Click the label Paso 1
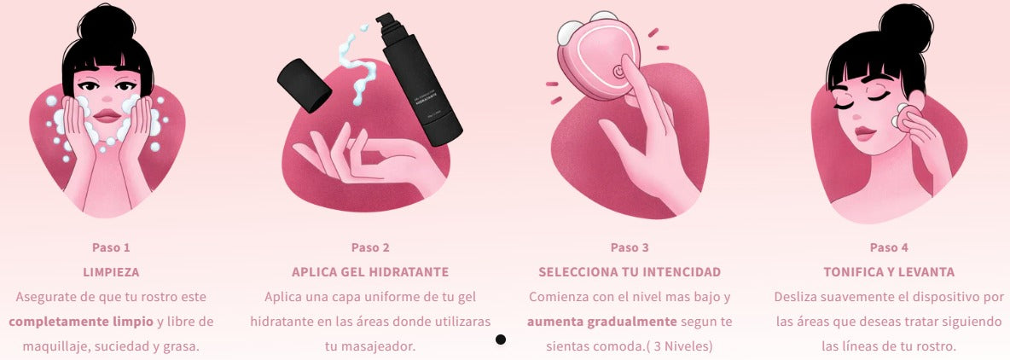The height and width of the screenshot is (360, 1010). pyautogui.click(x=111, y=247)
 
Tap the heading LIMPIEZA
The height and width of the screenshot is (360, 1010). pyautogui.click(x=111, y=272)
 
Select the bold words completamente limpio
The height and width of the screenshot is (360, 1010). pyautogui.click(x=81, y=322)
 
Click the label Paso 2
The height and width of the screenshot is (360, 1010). pyautogui.click(x=370, y=247)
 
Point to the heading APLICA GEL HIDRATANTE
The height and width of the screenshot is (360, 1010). pyautogui.click(x=370, y=272)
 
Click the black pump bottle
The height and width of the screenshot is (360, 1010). pyautogui.click(x=421, y=81)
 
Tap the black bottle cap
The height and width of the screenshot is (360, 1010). pyautogui.click(x=305, y=84)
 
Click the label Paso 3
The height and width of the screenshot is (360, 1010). pyautogui.click(x=630, y=247)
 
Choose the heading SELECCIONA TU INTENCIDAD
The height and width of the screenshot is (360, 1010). pyautogui.click(x=630, y=272)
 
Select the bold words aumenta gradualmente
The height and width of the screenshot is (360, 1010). pyautogui.click(x=601, y=322)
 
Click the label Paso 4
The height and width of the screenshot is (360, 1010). pyautogui.click(x=889, y=247)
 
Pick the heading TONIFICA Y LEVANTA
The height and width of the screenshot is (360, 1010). pyautogui.click(x=889, y=272)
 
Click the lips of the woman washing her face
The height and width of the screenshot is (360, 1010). pyautogui.click(x=107, y=114)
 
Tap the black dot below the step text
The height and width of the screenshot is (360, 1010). pyautogui.click(x=501, y=340)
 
